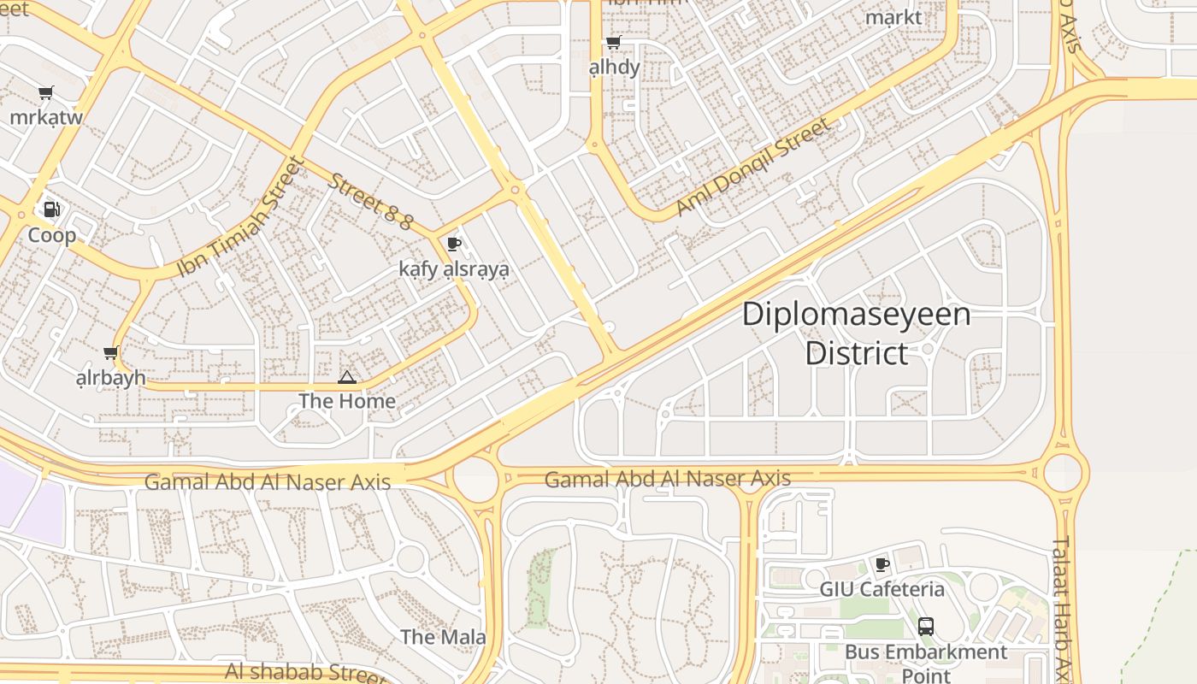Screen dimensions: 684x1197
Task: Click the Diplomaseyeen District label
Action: [856, 333]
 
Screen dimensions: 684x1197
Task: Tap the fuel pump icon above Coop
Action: [51, 209]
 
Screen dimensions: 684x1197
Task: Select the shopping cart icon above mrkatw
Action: [46, 92]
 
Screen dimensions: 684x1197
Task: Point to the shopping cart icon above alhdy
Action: [613, 43]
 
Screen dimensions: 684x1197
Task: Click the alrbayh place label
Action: [111, 378]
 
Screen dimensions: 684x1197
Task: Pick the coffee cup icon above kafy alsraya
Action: [454, 245]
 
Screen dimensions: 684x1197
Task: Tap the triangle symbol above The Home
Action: [346, 377]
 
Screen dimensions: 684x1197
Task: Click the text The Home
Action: [347, 401]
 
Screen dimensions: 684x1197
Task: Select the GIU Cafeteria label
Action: [882, 589]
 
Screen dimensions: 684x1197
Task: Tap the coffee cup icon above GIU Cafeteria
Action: [882, 564]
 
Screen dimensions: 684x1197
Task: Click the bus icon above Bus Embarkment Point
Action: [925, 627]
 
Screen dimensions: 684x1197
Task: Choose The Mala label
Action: [443, 637]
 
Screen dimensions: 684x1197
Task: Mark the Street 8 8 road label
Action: [371, 202]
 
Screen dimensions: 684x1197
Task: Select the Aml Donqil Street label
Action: [752, 168]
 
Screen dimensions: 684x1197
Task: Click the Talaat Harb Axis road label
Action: [1062, 607]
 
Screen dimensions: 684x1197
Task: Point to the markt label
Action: [893, 17]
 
